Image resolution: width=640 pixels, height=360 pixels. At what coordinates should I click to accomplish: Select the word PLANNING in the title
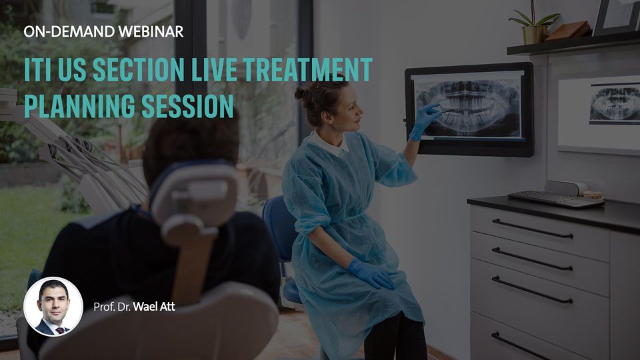(79, 106)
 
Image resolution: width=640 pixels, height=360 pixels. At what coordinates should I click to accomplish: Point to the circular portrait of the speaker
(53, 307)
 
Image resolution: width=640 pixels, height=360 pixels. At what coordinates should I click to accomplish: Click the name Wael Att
(154, 307)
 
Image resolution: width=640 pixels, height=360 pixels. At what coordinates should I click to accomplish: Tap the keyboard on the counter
(555, 199)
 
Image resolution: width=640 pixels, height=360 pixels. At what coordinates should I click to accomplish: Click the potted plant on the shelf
(534, 24)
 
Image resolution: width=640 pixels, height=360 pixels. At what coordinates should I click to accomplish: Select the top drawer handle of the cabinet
(532, 229)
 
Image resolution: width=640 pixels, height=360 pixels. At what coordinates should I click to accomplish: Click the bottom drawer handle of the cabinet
(519, 345)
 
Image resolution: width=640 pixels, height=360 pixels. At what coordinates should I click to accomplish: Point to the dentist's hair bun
(301, 93)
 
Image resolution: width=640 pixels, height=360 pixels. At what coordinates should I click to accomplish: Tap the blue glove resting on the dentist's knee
(371, 274)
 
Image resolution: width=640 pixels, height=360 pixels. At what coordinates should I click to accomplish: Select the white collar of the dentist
(330, 143)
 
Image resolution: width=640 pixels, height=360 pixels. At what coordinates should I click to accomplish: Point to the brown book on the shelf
(568, 31)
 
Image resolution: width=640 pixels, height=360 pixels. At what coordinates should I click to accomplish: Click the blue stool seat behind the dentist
(291, 293)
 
